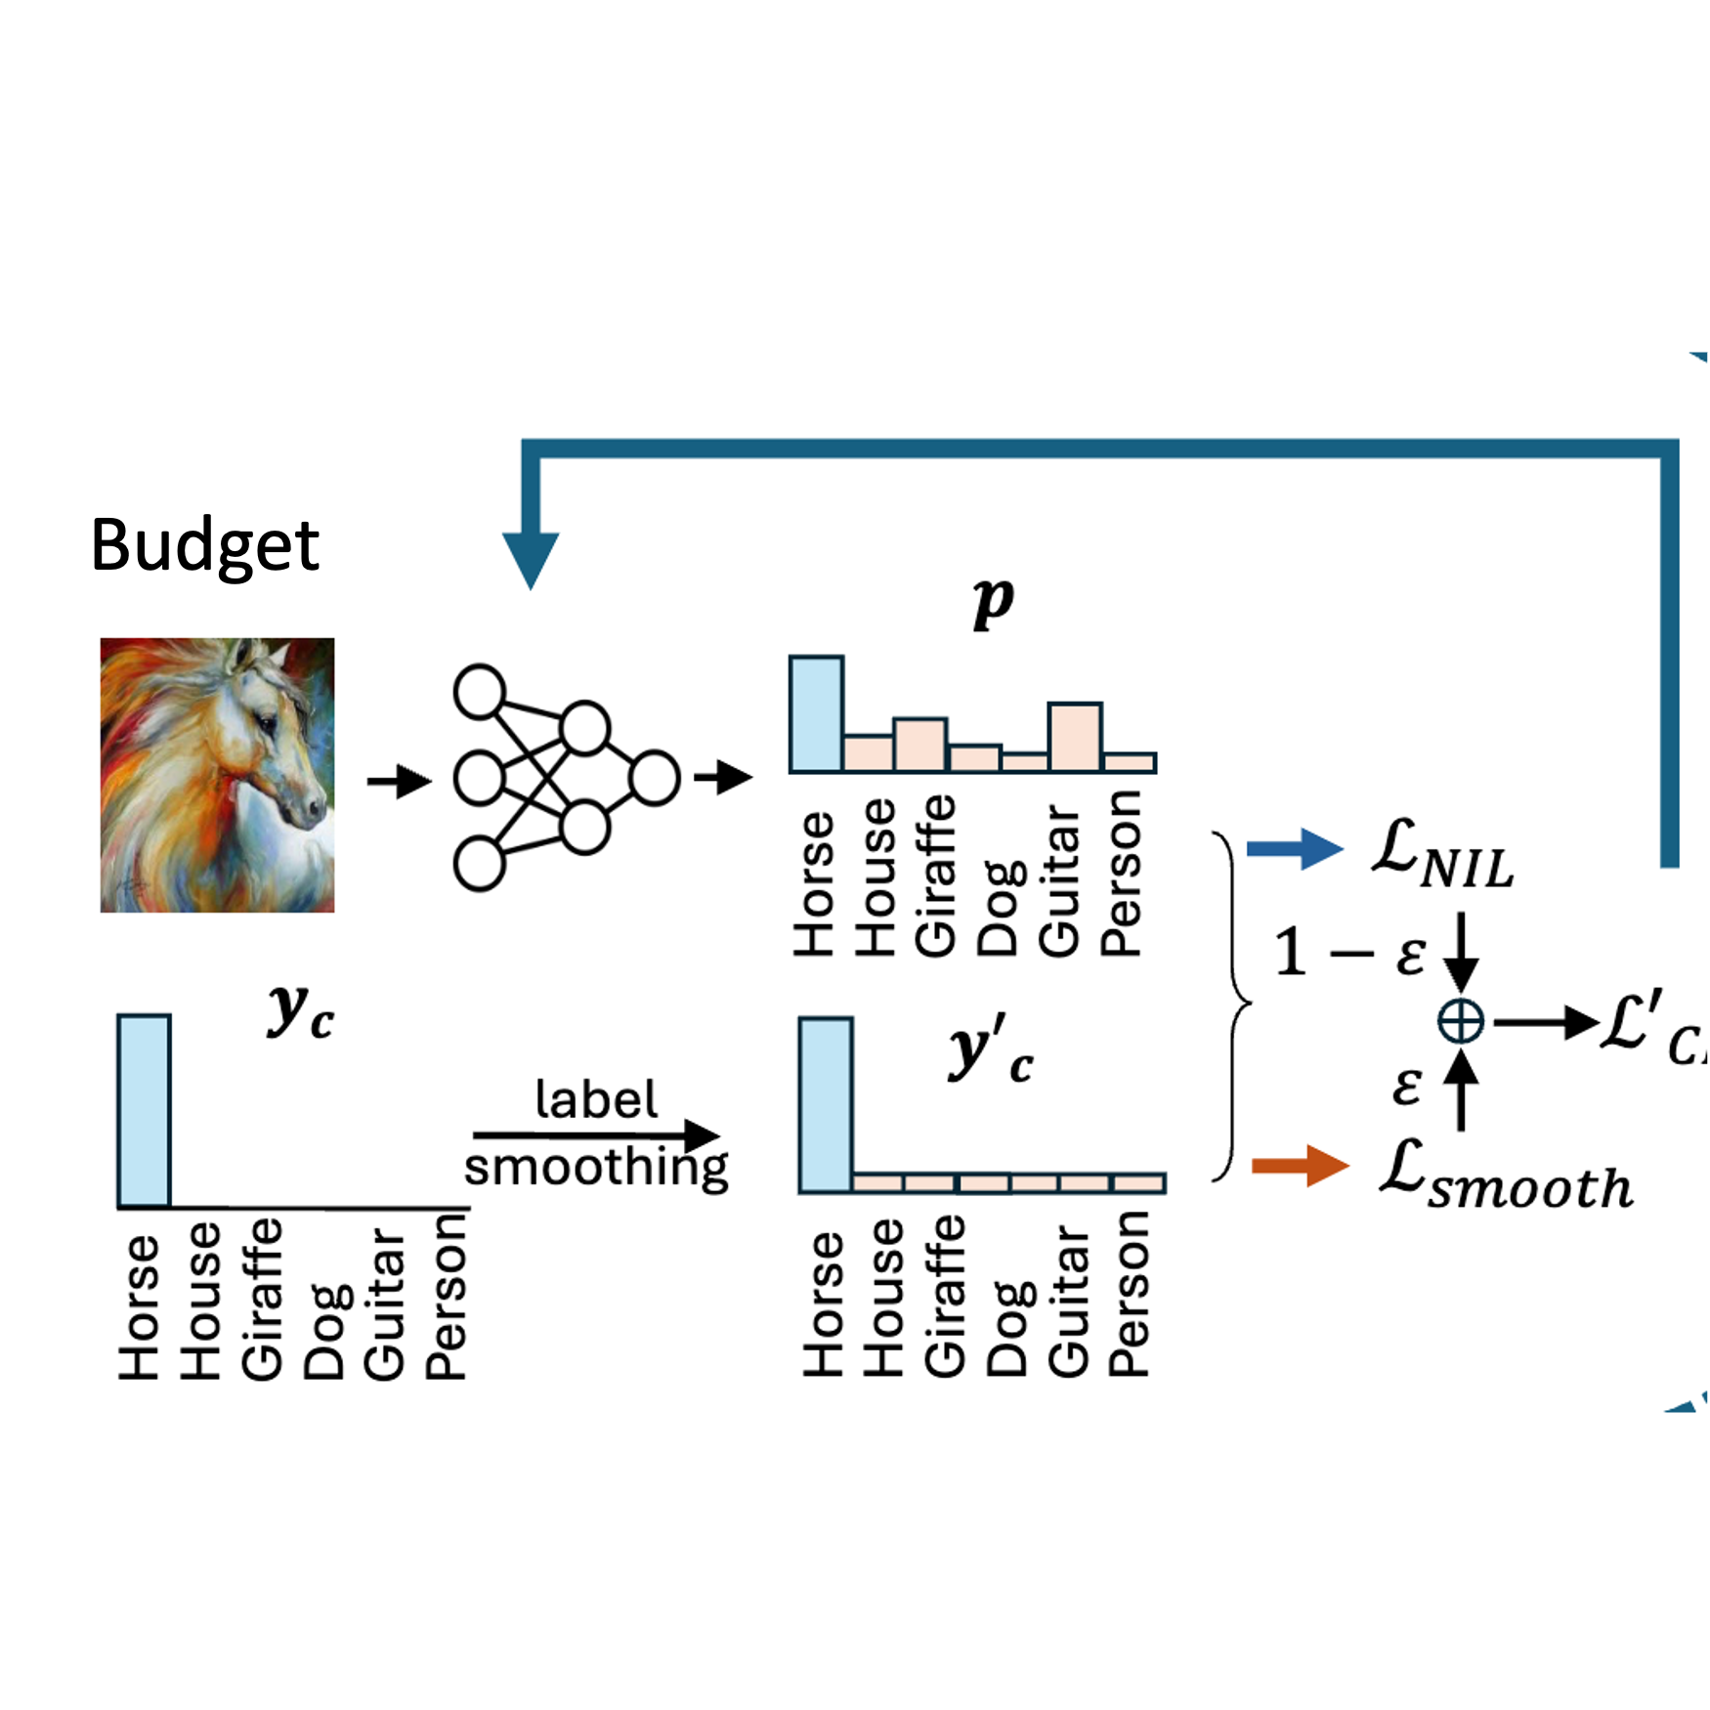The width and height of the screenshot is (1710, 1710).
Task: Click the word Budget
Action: click(204, 544)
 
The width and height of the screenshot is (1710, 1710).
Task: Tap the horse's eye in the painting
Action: click(266, 724)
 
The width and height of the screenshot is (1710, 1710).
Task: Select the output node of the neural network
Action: click(655, 778)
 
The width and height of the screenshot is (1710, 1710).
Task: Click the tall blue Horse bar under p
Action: click(816, 714)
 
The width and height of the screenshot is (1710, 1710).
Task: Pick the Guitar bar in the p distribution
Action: click(1075, 736)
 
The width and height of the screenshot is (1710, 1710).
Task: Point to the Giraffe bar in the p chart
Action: click(919, 744)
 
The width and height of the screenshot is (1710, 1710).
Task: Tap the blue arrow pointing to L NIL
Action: click(1294, 848)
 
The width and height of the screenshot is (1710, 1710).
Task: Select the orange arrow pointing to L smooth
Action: click(1300, 1165)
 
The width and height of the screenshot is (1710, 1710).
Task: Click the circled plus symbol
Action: click(1461, 1023)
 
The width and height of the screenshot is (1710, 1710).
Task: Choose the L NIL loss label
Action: click(1442, 855)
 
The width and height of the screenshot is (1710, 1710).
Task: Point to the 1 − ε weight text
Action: click(1349, 953)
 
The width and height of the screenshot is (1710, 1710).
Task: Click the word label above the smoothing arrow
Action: click(596, 1099)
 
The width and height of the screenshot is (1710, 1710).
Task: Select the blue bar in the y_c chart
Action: click(145, 1111)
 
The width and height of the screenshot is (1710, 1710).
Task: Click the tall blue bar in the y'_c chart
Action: click(826, 1105)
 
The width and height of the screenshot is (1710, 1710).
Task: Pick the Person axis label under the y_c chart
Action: click(447, 1296)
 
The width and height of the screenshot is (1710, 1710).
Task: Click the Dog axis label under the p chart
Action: click(998, 909)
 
